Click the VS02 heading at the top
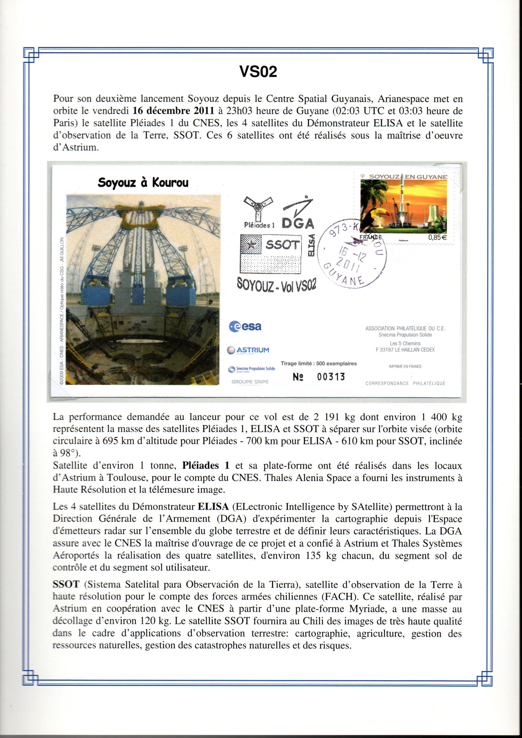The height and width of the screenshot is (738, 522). click(258, 72)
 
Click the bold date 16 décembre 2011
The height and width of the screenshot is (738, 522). click(173, 111)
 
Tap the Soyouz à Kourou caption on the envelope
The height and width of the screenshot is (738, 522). click(143, 182)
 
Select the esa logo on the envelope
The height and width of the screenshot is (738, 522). click(245, 327)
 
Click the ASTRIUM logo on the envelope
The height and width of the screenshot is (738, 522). click(248, 350)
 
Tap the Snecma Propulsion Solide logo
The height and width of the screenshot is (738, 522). click(251, 369)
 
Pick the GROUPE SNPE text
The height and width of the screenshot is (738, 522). click(250, 382)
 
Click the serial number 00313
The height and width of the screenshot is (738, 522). click(331, 377)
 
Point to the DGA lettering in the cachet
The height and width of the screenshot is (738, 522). click(298, 223)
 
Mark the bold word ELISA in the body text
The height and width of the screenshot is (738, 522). click(213, 507)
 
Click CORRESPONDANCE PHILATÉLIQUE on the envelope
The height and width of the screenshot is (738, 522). click(405, 383)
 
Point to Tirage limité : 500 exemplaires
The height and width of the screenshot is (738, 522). click(318, 364)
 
